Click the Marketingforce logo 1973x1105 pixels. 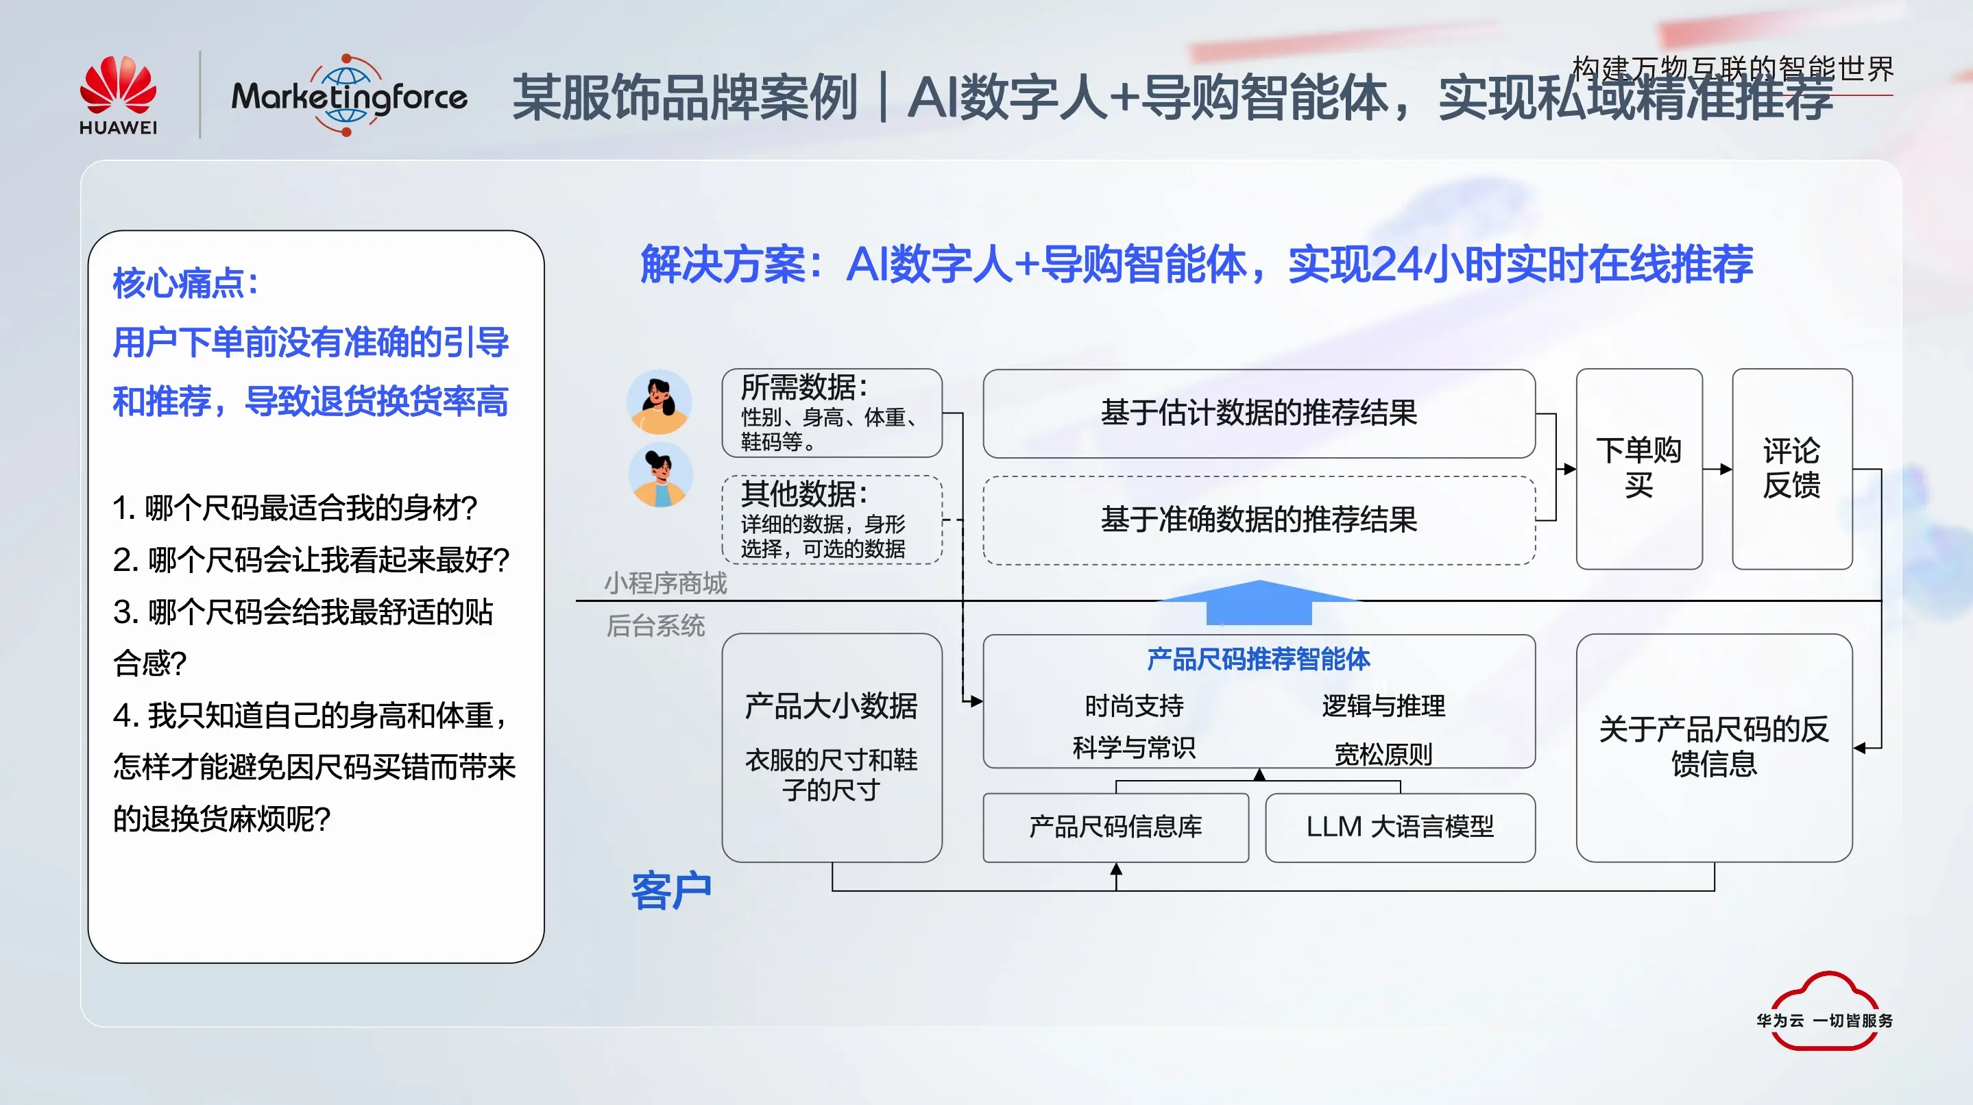point(348,97)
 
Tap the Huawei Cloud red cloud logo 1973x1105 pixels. point(1824,1011)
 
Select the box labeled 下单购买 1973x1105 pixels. point(1638,468)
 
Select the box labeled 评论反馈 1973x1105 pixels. point(1791,468)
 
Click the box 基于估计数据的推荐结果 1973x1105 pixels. point(1259,413)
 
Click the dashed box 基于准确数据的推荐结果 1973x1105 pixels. point(1259,520)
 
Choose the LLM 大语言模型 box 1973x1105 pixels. point(1399,827)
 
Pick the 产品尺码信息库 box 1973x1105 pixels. point(1115,827)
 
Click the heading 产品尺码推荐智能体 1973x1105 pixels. point(1258,659)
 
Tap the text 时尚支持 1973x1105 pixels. point(1134,705)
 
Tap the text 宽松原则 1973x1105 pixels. point(1383,754)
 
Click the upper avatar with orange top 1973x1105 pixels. point(659,402)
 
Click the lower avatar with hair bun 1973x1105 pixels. point(660,475)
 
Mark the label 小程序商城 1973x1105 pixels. point(665,583)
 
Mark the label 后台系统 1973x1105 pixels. point(655,626)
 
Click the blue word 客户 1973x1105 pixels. point(671,890)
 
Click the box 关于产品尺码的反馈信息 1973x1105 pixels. point(1713,746)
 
